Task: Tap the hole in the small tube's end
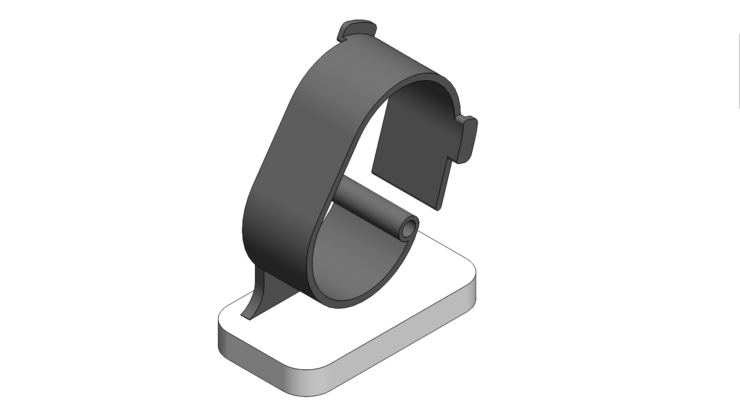(x=408, y=231)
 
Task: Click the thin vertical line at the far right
(x=739, y=71)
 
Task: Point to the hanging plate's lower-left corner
(x=373, y=171)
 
